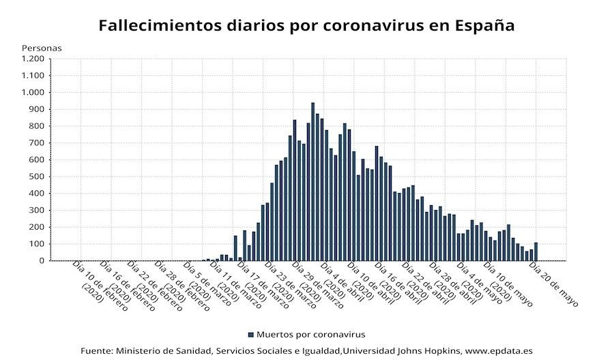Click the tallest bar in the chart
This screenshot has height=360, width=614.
[312, 181]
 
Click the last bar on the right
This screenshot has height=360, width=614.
[536, 252]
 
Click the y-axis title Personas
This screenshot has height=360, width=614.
[42, 48]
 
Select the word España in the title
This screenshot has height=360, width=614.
[480, 26]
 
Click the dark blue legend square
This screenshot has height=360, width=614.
[250, 335]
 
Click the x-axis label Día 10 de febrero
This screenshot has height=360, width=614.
[99, 286]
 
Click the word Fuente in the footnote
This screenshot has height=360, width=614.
[96, 350]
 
